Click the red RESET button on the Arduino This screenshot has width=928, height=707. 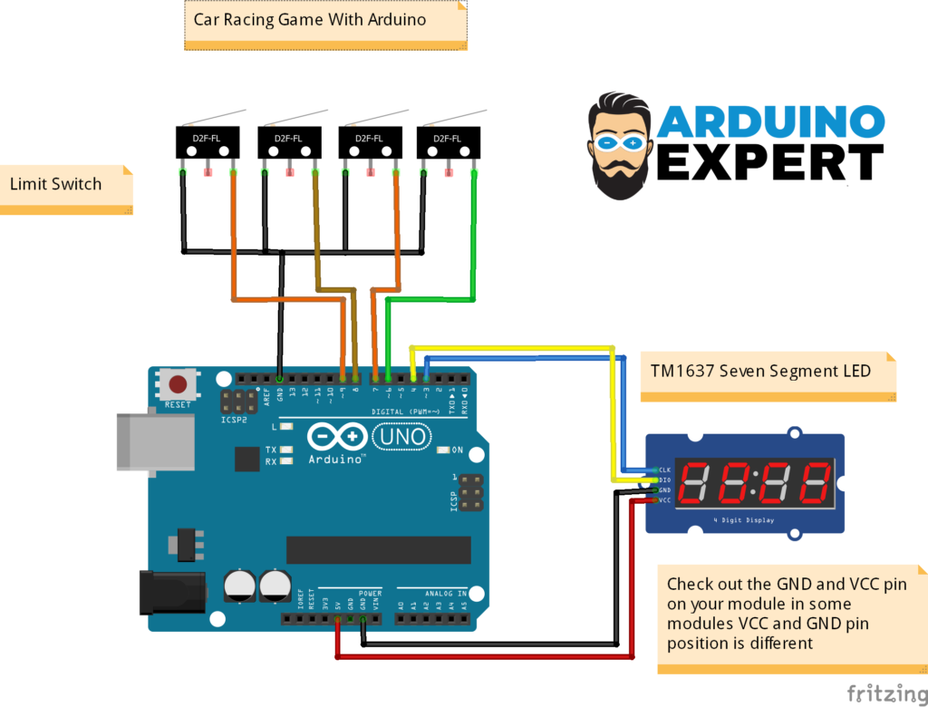[179, 383]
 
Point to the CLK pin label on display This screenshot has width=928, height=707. [664, 469]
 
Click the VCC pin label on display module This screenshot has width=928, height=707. [664, 500]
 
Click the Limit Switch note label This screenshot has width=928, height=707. [56, 184]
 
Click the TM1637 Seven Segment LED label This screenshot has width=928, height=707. [759, 371]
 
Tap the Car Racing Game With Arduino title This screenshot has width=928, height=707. [310, 18]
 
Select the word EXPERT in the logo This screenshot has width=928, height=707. [769, 163]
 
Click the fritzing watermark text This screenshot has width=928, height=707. [886, 693]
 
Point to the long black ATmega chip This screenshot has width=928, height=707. [379, 549]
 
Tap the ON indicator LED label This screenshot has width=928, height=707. [457, 450]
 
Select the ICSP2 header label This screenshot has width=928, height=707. [232, 421]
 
